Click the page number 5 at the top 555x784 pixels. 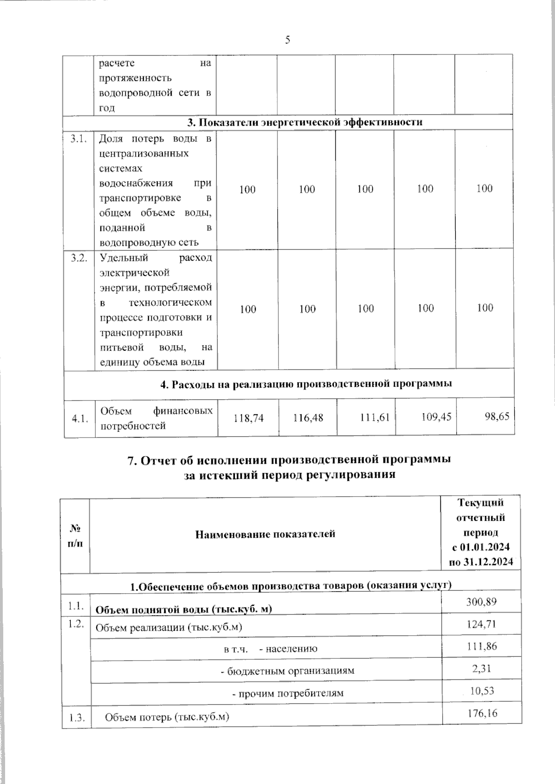pos(287,40)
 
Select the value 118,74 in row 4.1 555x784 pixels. pos(248,418)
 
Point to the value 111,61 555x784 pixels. pos(375,418)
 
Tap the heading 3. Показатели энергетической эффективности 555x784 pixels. pos(305,122)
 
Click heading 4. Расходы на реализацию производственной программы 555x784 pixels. pos(305,384)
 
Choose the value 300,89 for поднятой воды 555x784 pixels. pos(482,602)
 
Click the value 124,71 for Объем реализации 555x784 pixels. pos(482,624)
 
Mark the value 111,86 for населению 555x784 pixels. pos(482,646)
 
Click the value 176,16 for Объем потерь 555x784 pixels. pos(482,714)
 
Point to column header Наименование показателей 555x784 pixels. pos(265,535)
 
